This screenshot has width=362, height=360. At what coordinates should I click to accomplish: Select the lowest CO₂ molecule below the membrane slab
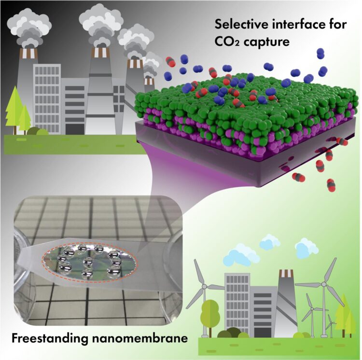point(332,185)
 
